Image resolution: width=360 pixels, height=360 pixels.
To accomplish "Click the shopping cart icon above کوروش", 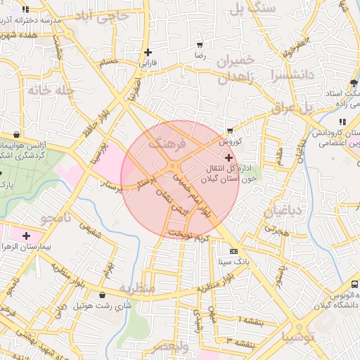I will click(230, 131).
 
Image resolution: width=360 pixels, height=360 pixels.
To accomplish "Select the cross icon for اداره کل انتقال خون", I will click(229, 158).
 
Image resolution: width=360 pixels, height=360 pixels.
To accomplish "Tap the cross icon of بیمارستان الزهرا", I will click(27, 236).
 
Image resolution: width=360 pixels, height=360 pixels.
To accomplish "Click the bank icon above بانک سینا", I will click(233, 251).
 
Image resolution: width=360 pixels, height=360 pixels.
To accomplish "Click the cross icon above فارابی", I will click(148, 52).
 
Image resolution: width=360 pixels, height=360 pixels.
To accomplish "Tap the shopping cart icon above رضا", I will click(200, 44).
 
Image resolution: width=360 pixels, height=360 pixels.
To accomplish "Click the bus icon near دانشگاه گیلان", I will click(354, 285).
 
